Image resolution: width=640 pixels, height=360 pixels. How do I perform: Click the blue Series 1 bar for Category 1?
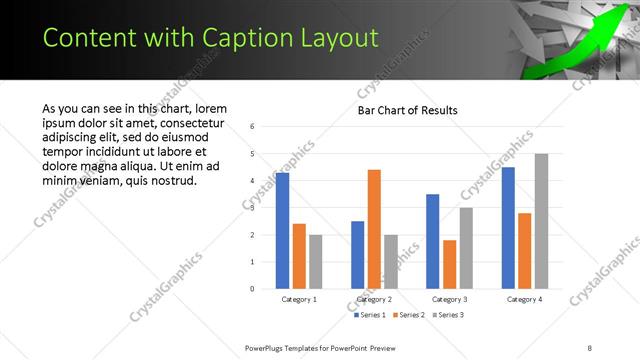(282, 231)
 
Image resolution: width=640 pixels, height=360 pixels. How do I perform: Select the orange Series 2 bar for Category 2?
(374, 229)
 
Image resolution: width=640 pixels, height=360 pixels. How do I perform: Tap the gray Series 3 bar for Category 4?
(541, 221)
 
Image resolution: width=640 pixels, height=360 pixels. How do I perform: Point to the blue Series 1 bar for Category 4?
(508, 228)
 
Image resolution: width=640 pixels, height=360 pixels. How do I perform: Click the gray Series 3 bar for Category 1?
(316, 262)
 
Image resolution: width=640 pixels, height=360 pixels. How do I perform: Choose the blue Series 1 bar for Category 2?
(357, 255)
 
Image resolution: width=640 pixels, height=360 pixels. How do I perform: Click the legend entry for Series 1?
(371, 315)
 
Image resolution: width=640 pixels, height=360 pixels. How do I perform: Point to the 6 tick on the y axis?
(253, 126)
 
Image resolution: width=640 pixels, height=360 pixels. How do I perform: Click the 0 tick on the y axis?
(253, 289)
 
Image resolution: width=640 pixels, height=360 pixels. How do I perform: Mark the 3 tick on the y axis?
(253, 208)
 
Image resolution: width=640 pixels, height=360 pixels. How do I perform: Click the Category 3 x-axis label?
(449, 299)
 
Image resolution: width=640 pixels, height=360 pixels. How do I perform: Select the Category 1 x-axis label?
(299, 299)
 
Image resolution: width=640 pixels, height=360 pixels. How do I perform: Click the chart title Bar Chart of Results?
(408, 110)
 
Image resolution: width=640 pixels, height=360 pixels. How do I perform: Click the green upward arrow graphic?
(574, 44)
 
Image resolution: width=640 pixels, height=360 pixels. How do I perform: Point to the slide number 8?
(589, 347)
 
